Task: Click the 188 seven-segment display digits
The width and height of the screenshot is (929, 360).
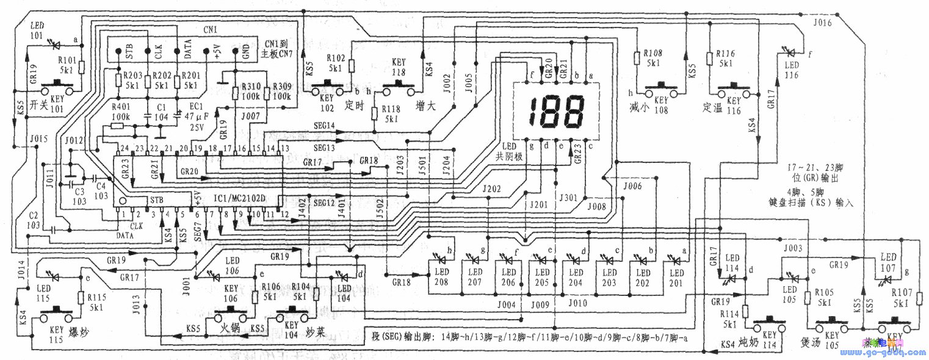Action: coord(555,111)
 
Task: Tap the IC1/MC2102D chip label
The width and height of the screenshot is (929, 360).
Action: coord(244,200)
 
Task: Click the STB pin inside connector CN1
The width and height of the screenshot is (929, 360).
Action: coord(130,52)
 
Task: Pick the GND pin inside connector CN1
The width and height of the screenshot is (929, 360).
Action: coord(245,52)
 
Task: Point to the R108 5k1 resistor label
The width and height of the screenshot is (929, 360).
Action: coord(654,58)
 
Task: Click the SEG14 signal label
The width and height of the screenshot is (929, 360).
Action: coord(322,126)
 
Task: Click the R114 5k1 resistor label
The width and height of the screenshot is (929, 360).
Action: coord(731,311)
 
